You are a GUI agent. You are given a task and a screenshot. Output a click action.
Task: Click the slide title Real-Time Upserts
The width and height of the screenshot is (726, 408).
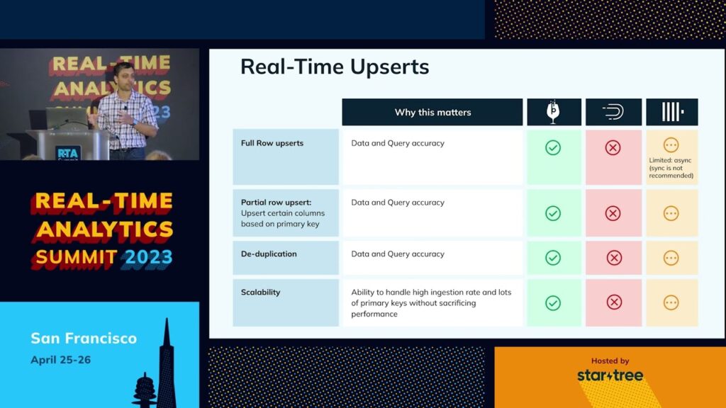(x=335, y=67)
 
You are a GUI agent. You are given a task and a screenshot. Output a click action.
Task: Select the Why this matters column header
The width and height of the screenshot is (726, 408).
(x=432, y=112)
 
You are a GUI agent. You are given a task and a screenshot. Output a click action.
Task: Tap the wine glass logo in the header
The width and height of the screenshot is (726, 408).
(x=553, y=111)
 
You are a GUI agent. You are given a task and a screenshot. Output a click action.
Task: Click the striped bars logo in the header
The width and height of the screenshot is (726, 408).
(x=673, y=112)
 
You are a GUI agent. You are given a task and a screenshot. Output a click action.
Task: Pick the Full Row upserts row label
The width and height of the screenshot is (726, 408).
(x=272, y=143)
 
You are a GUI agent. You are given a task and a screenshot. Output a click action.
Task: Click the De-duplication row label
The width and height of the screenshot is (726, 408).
(x=269, y=254)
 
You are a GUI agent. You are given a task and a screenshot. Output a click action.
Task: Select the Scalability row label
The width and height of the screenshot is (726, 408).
(x=260, y=293)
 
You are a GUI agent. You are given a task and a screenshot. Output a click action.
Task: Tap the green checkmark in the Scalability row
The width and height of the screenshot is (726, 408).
(x=553, y=303)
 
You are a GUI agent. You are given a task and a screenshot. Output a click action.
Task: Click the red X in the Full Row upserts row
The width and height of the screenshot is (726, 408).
(x=613, y=147)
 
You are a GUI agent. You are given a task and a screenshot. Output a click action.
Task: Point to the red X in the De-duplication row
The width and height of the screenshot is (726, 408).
(x=614, y=258)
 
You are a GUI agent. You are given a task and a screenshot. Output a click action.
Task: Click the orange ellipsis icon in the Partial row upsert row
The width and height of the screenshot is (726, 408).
(x=671, y=213)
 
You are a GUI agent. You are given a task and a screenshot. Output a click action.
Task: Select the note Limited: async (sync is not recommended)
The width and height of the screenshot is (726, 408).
(x=671, y=168)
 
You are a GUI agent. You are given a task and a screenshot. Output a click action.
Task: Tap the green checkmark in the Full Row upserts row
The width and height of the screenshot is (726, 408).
(x=553, y=147)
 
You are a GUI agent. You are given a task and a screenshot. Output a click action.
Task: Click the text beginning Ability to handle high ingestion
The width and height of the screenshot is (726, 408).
(x=431, y=303)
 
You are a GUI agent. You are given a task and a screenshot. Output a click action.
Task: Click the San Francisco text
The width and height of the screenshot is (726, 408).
(x=84, y=338)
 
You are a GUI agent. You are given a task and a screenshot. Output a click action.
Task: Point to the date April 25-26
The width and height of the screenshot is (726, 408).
(x=61, y=360)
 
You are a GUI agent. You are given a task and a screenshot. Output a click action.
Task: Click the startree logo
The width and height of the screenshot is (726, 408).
(x=610, y=375)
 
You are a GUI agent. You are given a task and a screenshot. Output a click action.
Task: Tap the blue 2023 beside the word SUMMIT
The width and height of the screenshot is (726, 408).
(x=149, y=257)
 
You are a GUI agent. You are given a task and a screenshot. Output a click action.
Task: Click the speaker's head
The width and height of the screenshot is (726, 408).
(x=122, y=74)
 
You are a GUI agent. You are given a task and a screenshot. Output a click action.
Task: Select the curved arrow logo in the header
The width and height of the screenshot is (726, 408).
(x=613, y=112)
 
